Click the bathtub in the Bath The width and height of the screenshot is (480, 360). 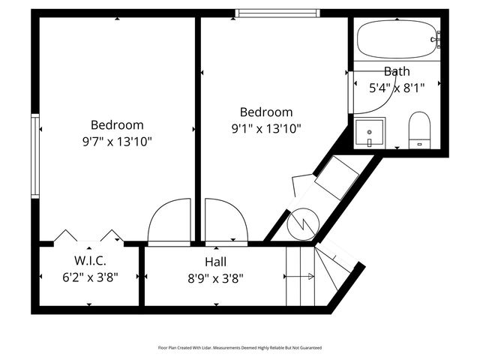click(x=397, y=39)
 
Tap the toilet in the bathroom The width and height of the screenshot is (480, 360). click(x=419, y=130)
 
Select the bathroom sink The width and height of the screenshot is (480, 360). click(x=370, y=133)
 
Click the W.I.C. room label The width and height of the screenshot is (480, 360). click(x=90, y=260)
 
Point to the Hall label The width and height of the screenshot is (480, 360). click(x=216, y=262)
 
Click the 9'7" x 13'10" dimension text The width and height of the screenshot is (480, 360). click(x=117, y=142)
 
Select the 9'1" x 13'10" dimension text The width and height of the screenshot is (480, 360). click(x=266, y=128)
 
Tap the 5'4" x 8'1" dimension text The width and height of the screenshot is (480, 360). click(x=397, y=88)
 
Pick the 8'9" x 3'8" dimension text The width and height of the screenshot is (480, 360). click(x=216, y=278)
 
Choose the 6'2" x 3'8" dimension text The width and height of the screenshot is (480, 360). click(x=90, y=277)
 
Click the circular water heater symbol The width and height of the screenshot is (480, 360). click(x=303, y=224)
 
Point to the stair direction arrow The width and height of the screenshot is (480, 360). click(x=299, y=277)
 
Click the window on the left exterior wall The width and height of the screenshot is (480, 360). click(x=35, y=156)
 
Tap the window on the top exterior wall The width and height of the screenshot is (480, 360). click(x=277, y=13)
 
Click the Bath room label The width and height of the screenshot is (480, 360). click(x=397, y=71)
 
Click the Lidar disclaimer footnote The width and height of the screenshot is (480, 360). click(x=240, y=348)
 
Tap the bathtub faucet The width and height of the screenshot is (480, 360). click(x=436, y=40)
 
